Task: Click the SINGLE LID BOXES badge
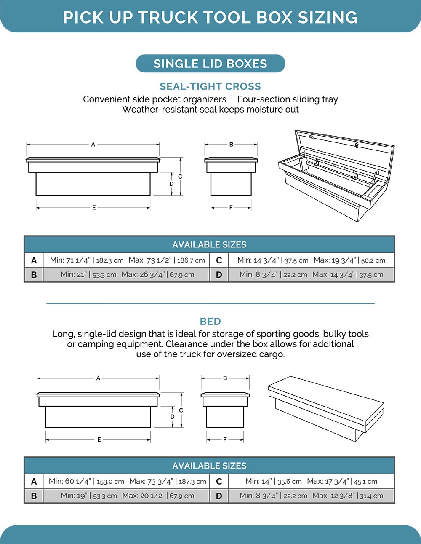tap(210, 64)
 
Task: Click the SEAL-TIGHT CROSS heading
tap(210, 86)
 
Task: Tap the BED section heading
tap(210, 322)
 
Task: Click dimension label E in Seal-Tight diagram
tap(94, 208)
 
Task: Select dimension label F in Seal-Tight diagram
tap(231, 208)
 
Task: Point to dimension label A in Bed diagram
tap(98, 378)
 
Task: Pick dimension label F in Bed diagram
tap(225, 439)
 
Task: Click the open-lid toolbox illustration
tap(337, 175)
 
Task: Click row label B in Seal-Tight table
tap(34, 275)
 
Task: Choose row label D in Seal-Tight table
tap(219, 275)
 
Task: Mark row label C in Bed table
tap(219, 481)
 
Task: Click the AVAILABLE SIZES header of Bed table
tap(209, 466)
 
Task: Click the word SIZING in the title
tap(328, 18)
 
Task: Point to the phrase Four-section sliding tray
tap(288, 99)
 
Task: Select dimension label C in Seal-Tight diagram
tap(180, 177)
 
